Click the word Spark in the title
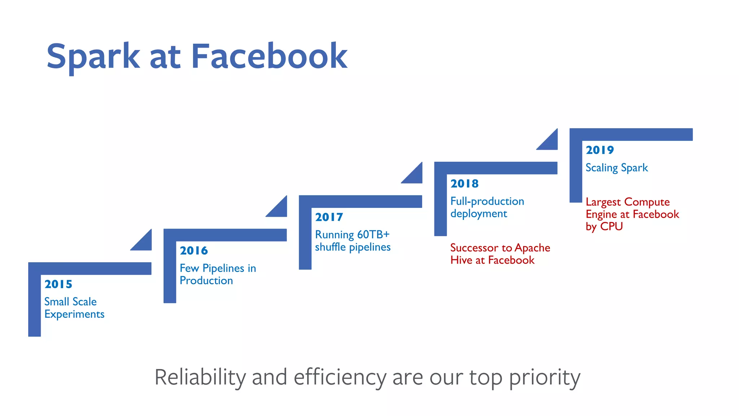(x=93, y=57)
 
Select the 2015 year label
(x=58, y=284)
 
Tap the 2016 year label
(x=194, y=251)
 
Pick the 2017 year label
(x=329, y=217)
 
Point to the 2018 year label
(x=464, y=183)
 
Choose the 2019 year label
(x=600, y=150)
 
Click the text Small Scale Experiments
(x=74, y=308)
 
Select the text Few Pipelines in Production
(x=218, y=274)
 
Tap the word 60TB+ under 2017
(x=373, y=235)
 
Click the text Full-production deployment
(x=487, y=207)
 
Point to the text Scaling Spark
(x=616, y=168)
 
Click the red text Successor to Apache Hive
(x=500, y=254)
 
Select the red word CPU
(x=611, y=226)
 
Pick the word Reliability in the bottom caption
(x=200, y=377)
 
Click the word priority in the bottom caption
(x=545, y=377)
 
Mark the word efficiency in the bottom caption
(x=340, y=377)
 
